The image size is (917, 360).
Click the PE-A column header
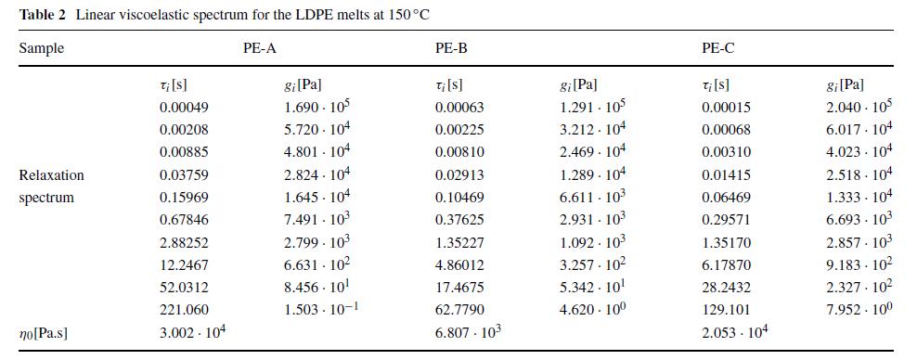tap(259, 48)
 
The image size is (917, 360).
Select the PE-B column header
tap(451, 48)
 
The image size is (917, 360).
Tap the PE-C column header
tap(717, 48)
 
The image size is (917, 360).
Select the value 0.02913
tap(459, 174)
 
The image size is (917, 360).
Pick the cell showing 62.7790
tap(459, 310)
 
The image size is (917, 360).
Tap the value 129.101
tap(726, 310)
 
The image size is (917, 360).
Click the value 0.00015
tap(726, 107)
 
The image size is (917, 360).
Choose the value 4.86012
tap(459, 264)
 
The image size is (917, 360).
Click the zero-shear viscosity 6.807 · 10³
tap(468, 332)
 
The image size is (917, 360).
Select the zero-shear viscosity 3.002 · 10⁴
tap(193, 332)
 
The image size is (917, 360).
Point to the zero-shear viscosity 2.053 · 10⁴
tap(734, 332)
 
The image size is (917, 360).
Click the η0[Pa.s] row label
tap(43, 333)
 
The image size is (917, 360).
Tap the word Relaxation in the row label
tap(51, 174)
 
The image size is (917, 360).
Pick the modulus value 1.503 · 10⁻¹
tap(320, 310)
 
